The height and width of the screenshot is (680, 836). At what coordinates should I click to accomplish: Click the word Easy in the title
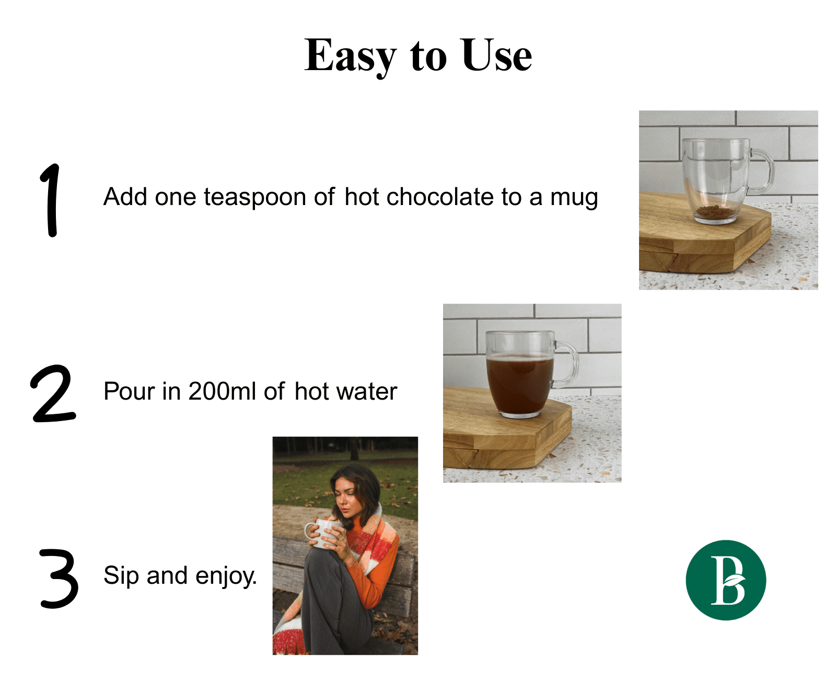click(x=350, y=56)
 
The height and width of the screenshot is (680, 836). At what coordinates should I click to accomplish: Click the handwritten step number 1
click(x=50, y=200)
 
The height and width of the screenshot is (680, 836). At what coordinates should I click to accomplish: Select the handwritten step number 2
click(x=53, y=393)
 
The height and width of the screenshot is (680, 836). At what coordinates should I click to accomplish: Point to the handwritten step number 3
click(x=59, y=578)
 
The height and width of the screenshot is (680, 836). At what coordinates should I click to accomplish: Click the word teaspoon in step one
click(x=255, y=197)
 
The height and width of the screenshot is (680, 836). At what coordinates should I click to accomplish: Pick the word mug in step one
click(x=574, y=199)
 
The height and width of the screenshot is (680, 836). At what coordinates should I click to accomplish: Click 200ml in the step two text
click(x=222, y=391)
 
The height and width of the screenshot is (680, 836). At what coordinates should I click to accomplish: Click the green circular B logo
click(x=725, y=580)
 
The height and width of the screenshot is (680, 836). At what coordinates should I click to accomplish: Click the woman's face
click(x=345, y=498)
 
